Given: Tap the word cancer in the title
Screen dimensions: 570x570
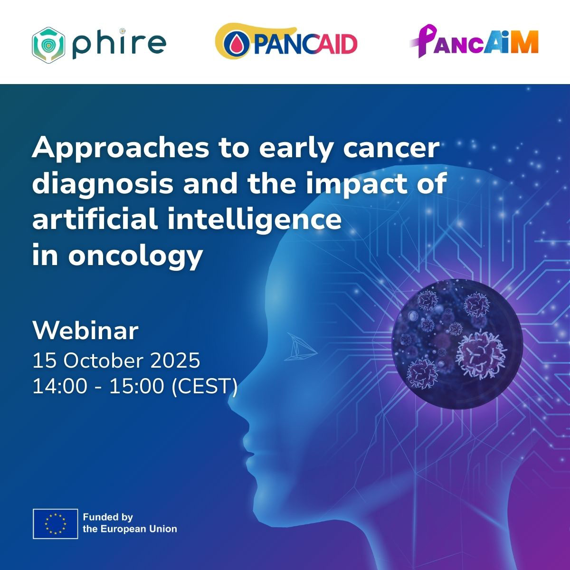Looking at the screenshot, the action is [x=391, y=148].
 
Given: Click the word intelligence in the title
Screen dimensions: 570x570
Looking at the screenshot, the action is [x=255, y=220].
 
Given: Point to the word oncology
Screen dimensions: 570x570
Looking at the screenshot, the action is [x=136, y=256].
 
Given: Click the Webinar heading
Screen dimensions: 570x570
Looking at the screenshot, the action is [x=85, y=331].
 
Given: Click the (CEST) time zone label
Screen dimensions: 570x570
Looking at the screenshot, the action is [x=205, y=386].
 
